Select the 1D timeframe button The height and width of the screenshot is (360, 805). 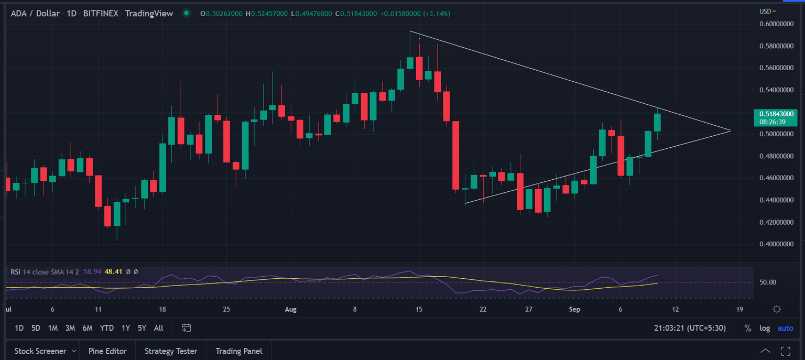point(19,328)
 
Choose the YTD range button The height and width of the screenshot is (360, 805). point(107,328)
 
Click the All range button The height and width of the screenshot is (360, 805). point(158,328)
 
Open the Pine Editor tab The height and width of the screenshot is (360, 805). point(107,351)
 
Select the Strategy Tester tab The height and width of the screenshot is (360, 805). point(171,351)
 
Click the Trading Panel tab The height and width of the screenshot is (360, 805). point(238,351)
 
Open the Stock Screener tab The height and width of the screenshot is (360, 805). point(40,351)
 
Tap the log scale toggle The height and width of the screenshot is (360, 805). point(765,328)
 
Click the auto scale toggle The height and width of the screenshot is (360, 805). point(785,328)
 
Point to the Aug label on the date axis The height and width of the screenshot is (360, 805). point(291,309)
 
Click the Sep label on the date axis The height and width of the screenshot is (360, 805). point(575,309)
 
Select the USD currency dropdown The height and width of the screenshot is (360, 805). point(768,11)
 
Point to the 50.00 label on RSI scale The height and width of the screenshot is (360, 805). point(768,282)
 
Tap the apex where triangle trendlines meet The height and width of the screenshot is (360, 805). point(730,130)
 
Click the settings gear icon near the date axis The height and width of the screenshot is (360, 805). point(777,309)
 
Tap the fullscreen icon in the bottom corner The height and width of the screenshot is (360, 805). point(785,351)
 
